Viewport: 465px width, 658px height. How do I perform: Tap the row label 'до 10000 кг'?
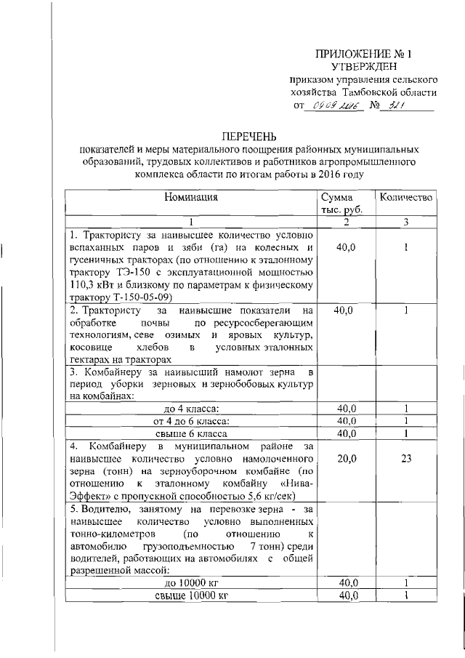coord(191,583)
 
